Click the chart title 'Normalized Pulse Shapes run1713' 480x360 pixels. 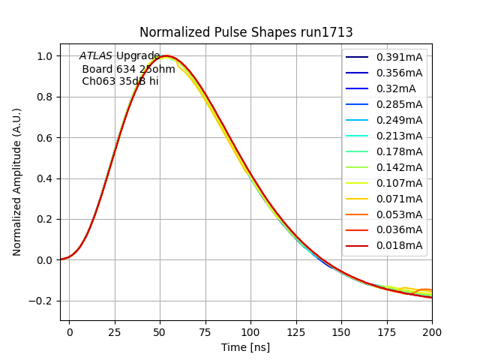pos(246,32)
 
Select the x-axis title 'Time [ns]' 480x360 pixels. pos(245,347)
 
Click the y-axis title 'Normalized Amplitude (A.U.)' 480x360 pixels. pos(17,181)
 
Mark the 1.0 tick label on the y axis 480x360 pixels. pos(45,56)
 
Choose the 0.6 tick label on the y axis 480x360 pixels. pos(45,138)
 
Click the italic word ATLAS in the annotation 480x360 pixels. pos(97,56)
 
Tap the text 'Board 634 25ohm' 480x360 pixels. pos(128,69)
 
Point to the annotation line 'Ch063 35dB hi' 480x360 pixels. pos(120,81)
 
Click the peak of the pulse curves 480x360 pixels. pos(166,56)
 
